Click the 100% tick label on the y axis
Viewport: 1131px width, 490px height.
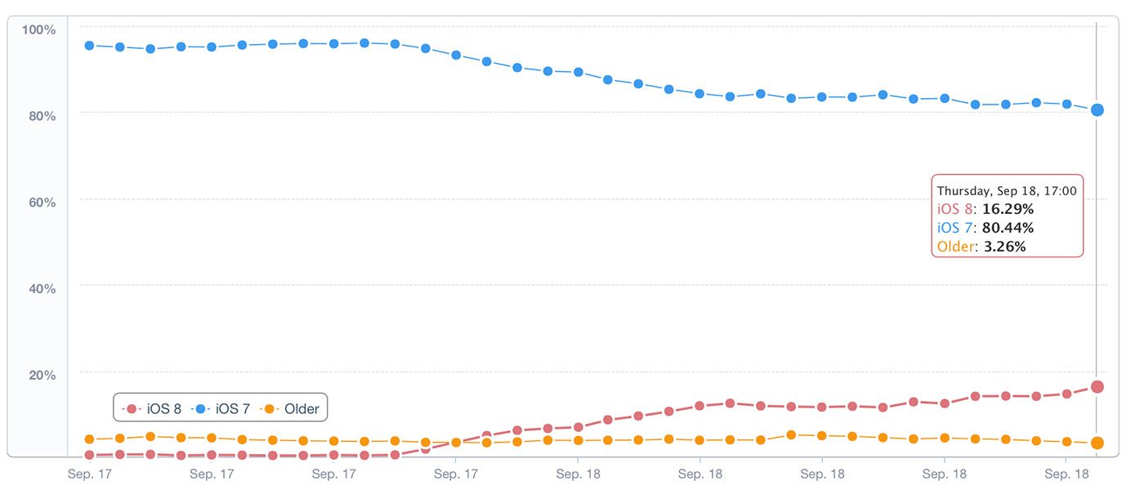point(38,30)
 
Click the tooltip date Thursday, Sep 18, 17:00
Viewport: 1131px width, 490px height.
point(1006,191)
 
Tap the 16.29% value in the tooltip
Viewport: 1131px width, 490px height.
point(1008,209)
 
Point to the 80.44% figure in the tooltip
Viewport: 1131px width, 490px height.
point(1008,228)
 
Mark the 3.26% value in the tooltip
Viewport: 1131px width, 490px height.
point(1004,246)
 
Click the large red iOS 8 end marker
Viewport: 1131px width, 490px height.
point(1097,387)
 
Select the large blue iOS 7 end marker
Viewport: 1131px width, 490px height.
point(1097,109)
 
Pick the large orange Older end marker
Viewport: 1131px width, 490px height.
point(1097,443)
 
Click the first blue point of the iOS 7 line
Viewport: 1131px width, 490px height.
point(89,46)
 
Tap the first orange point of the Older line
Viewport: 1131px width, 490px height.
point(89,439)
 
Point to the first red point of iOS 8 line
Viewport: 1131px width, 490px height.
point(89,455)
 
